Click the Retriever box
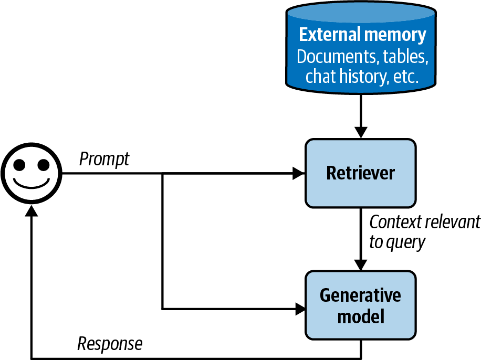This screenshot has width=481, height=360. (360, 173)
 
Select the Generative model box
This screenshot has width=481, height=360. (360, 305)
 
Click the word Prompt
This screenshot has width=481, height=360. (104, 159)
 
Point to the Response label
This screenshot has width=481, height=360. (110, 344)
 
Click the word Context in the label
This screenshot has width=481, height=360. (395, 223)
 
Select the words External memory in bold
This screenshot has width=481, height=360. (362, 35)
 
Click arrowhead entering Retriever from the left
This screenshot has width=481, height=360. (300, 173)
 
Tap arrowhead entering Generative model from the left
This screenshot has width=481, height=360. (300, 309)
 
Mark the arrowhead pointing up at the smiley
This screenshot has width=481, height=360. (31, 211)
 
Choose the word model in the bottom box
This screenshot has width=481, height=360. (360, 317)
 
